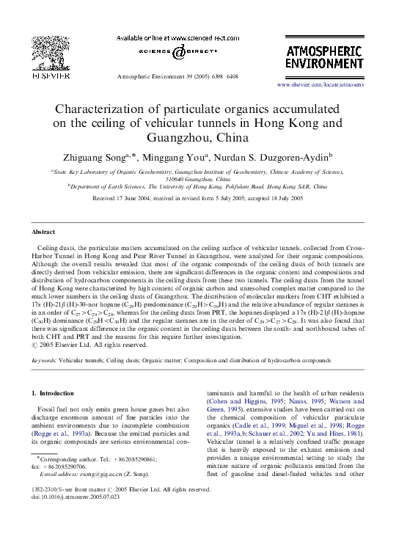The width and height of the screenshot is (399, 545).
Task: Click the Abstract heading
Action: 43,230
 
